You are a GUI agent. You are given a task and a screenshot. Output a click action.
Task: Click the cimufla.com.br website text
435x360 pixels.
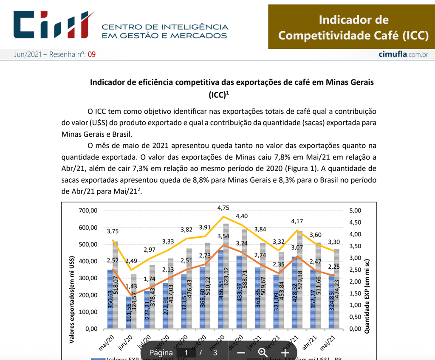click(403, 54)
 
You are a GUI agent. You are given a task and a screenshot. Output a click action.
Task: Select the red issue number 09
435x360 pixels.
click(92, 54)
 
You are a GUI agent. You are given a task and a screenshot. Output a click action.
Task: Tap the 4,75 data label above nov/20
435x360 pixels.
click(223, 208)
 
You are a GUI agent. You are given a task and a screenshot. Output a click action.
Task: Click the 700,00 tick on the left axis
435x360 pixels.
click(89, 211)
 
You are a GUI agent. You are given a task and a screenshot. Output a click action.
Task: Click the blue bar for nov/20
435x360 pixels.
click(220, 289)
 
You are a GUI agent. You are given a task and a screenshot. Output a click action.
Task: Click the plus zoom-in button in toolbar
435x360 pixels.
click(285, 353)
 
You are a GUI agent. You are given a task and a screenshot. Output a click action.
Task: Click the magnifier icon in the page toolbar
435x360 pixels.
click(263, 353)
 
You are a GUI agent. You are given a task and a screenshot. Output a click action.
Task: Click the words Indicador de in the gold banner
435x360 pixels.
click(353, 20)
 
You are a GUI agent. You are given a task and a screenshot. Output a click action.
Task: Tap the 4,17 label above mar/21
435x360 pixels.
click(297, 221)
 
